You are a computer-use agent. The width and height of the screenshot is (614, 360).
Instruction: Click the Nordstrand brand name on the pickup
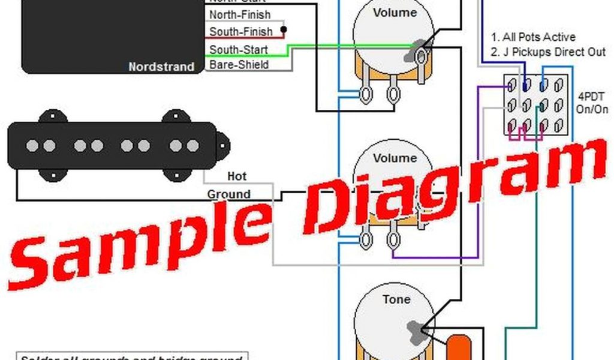pos(161,67)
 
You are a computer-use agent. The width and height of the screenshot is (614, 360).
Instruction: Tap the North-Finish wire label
pos(239,14)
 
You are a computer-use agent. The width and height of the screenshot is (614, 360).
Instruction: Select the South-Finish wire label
pos(240,32)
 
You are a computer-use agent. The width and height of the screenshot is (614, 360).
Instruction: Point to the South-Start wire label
pos(238,50)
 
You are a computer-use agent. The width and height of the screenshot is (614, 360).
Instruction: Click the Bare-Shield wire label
pos(238,65)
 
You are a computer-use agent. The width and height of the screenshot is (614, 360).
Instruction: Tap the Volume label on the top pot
pos(394,13)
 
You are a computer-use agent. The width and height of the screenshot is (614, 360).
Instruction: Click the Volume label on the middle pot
pos(394,158)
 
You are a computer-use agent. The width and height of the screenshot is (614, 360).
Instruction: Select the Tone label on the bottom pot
pos(396,299)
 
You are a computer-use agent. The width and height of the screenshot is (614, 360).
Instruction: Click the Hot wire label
pos(237,176)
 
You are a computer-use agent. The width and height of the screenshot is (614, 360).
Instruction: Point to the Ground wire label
pos(228,194)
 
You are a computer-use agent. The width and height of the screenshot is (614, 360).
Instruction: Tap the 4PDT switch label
pos(588,96)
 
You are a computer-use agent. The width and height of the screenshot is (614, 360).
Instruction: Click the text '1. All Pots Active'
pos(533,37)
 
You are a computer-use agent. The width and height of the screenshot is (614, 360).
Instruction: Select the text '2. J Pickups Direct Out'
pos(548,52)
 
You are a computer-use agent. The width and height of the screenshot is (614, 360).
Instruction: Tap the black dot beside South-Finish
pos(283,29)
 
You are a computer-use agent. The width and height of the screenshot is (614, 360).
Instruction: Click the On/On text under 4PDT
pos(588,110)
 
